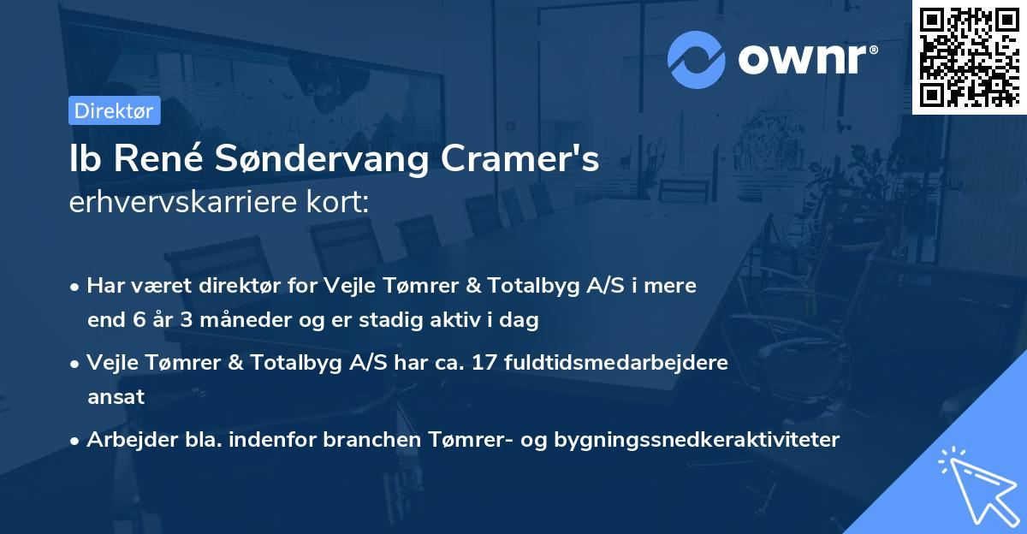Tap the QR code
969,57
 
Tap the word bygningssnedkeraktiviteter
698,440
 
